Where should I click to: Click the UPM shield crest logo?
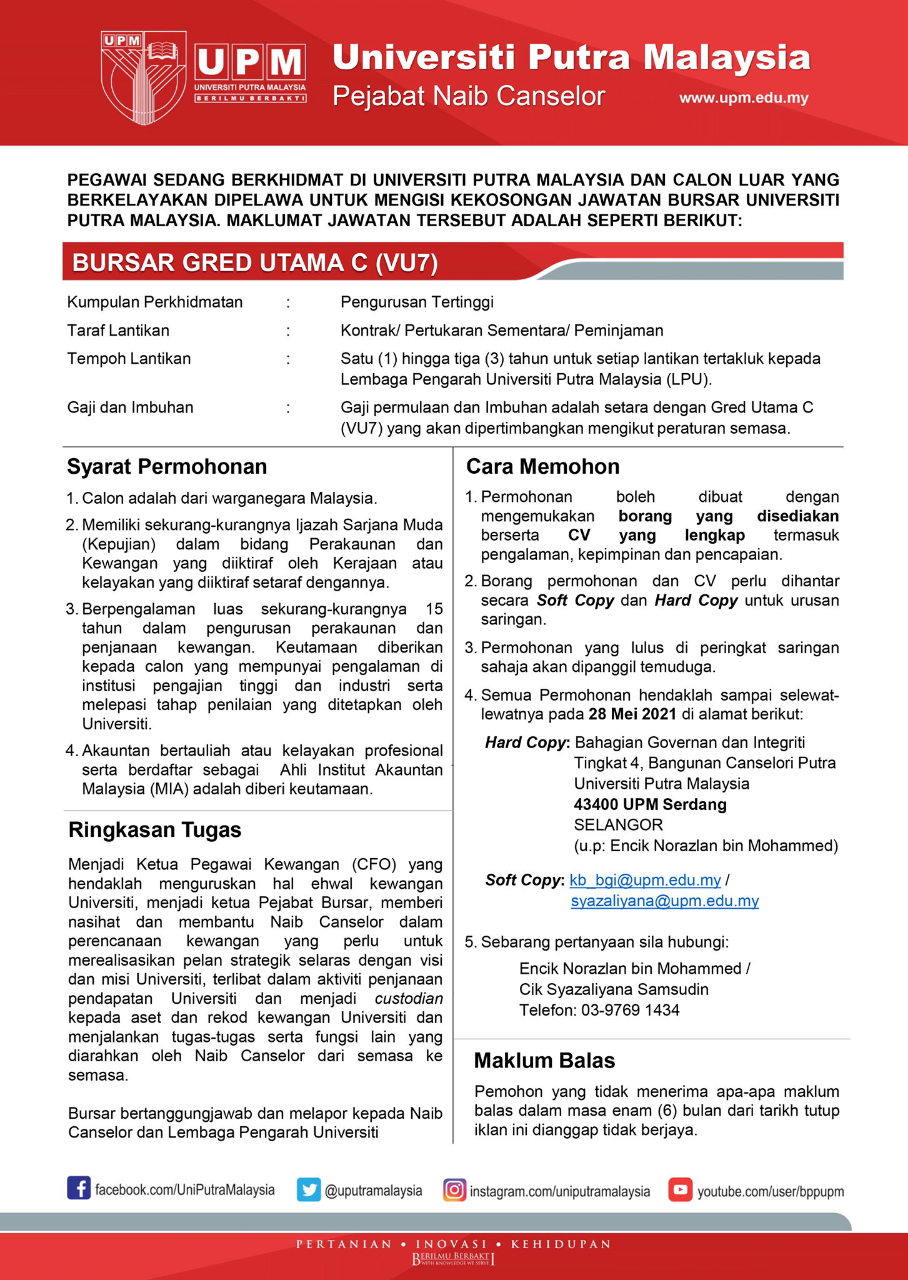(x=143, y=77)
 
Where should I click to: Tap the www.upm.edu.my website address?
(x=744, y=98)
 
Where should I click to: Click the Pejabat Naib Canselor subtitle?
(x=469, y=96)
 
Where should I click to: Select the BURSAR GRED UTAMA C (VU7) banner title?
(x=255, y=262)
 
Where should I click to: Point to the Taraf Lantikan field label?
(x=118, y=330)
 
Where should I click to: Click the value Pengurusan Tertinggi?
(x=417, y=302)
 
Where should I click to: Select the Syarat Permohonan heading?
(x=167, y=467)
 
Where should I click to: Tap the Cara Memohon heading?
(x=542, y=467)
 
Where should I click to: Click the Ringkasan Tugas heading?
(x=154, y=829)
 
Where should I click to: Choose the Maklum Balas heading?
(x=544, y=1061)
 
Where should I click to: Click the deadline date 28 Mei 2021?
(x=632, y=714)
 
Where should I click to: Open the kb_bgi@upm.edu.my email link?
(x=645, y=880)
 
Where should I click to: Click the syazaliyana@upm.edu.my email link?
(x=664, y=901)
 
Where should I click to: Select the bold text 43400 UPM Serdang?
(x=650, y=804)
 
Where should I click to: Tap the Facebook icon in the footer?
(x=79, y=1187)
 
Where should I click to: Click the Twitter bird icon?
(x=309, y=1189)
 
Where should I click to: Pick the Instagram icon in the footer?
(x=454, y=1189)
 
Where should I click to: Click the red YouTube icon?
(x=680, y=1189)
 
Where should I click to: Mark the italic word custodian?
(x=409, y=999)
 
